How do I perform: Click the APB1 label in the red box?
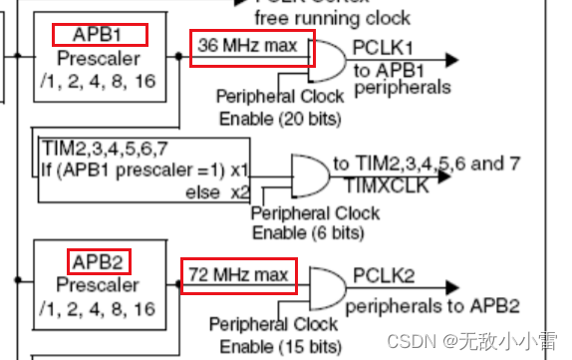coord(97,35)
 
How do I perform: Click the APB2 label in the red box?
coord(97,262)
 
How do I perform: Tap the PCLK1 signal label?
coord(382,47)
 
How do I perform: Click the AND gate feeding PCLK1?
coord(329,61)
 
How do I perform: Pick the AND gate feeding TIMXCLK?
coord(308,174)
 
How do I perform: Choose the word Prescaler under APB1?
coord(97,58)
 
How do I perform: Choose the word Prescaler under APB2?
coord(97,286)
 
